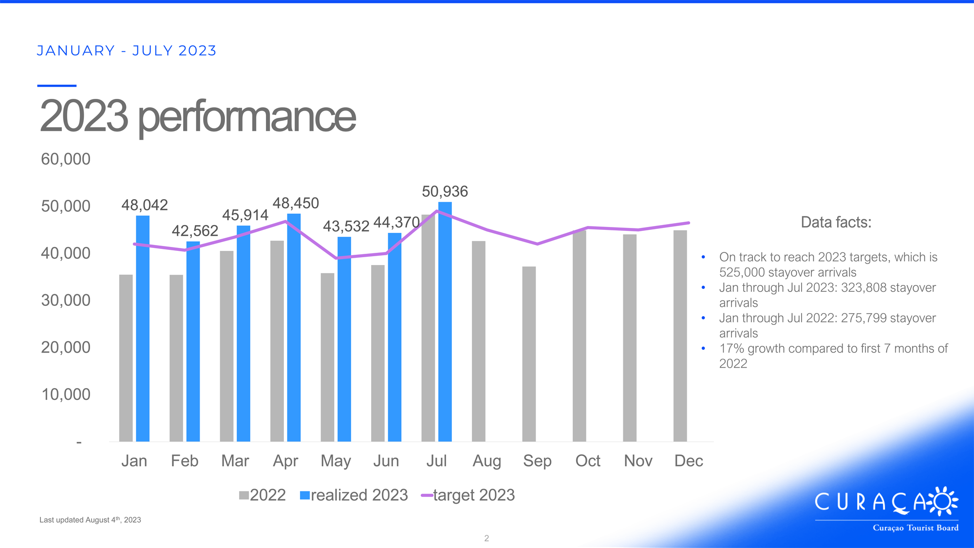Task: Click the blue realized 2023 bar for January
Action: point(143,329)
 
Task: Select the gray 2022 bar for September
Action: point(529,354)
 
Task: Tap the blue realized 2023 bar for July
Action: point(445,322)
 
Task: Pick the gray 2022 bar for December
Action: point(680,336)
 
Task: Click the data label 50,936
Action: point(445,191)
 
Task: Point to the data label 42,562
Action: point(195,230)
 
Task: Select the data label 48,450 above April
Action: point(296,203)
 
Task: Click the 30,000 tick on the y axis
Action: point(66,300)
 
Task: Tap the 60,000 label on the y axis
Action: point(66,159)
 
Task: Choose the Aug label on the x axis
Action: point(487,461)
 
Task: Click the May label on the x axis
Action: point(336,461)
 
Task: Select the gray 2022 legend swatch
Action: point(244,495)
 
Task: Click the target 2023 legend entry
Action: point(468,495)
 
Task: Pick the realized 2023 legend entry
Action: point(354,495)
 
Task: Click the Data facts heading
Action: point(836,222)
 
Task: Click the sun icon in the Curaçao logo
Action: point(943,501)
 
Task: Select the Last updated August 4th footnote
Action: point(90,520)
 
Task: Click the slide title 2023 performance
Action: point(198,116)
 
